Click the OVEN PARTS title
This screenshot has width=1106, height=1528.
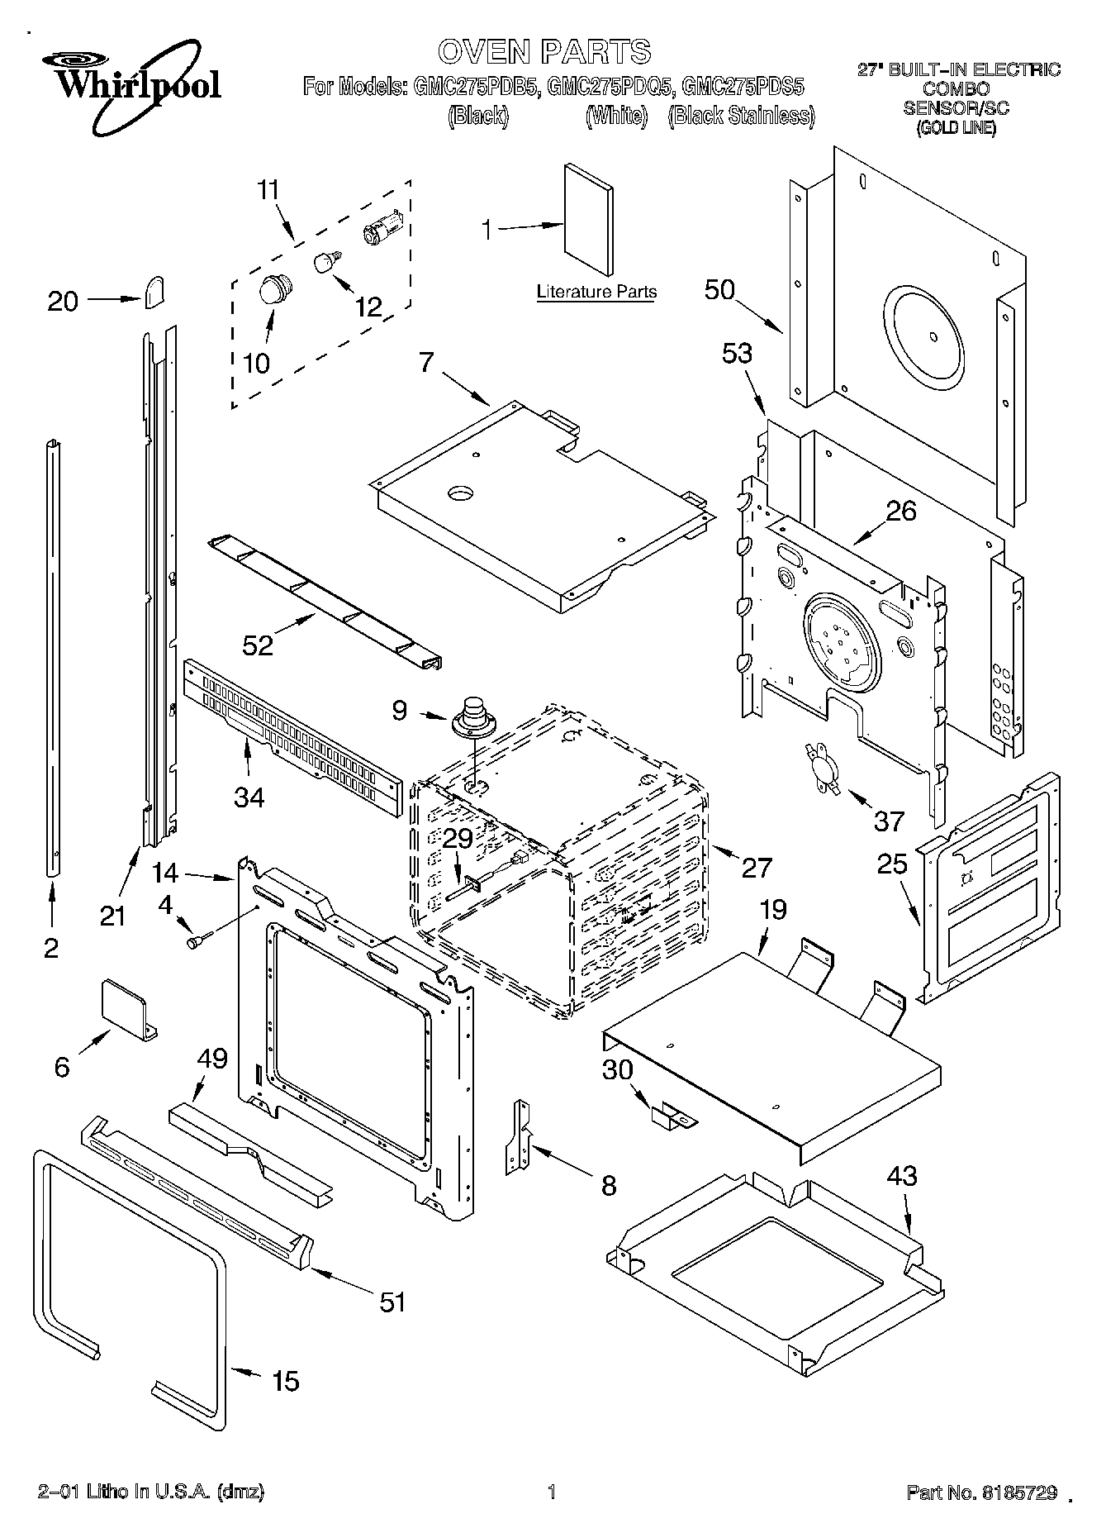[544, 52]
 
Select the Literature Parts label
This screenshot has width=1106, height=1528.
[596, 292]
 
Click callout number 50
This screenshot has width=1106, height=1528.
[719, 289]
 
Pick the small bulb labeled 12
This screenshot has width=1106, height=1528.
[325, 262]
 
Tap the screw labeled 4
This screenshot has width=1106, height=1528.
[199, 940]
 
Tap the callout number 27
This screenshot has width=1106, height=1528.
[757, 867]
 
